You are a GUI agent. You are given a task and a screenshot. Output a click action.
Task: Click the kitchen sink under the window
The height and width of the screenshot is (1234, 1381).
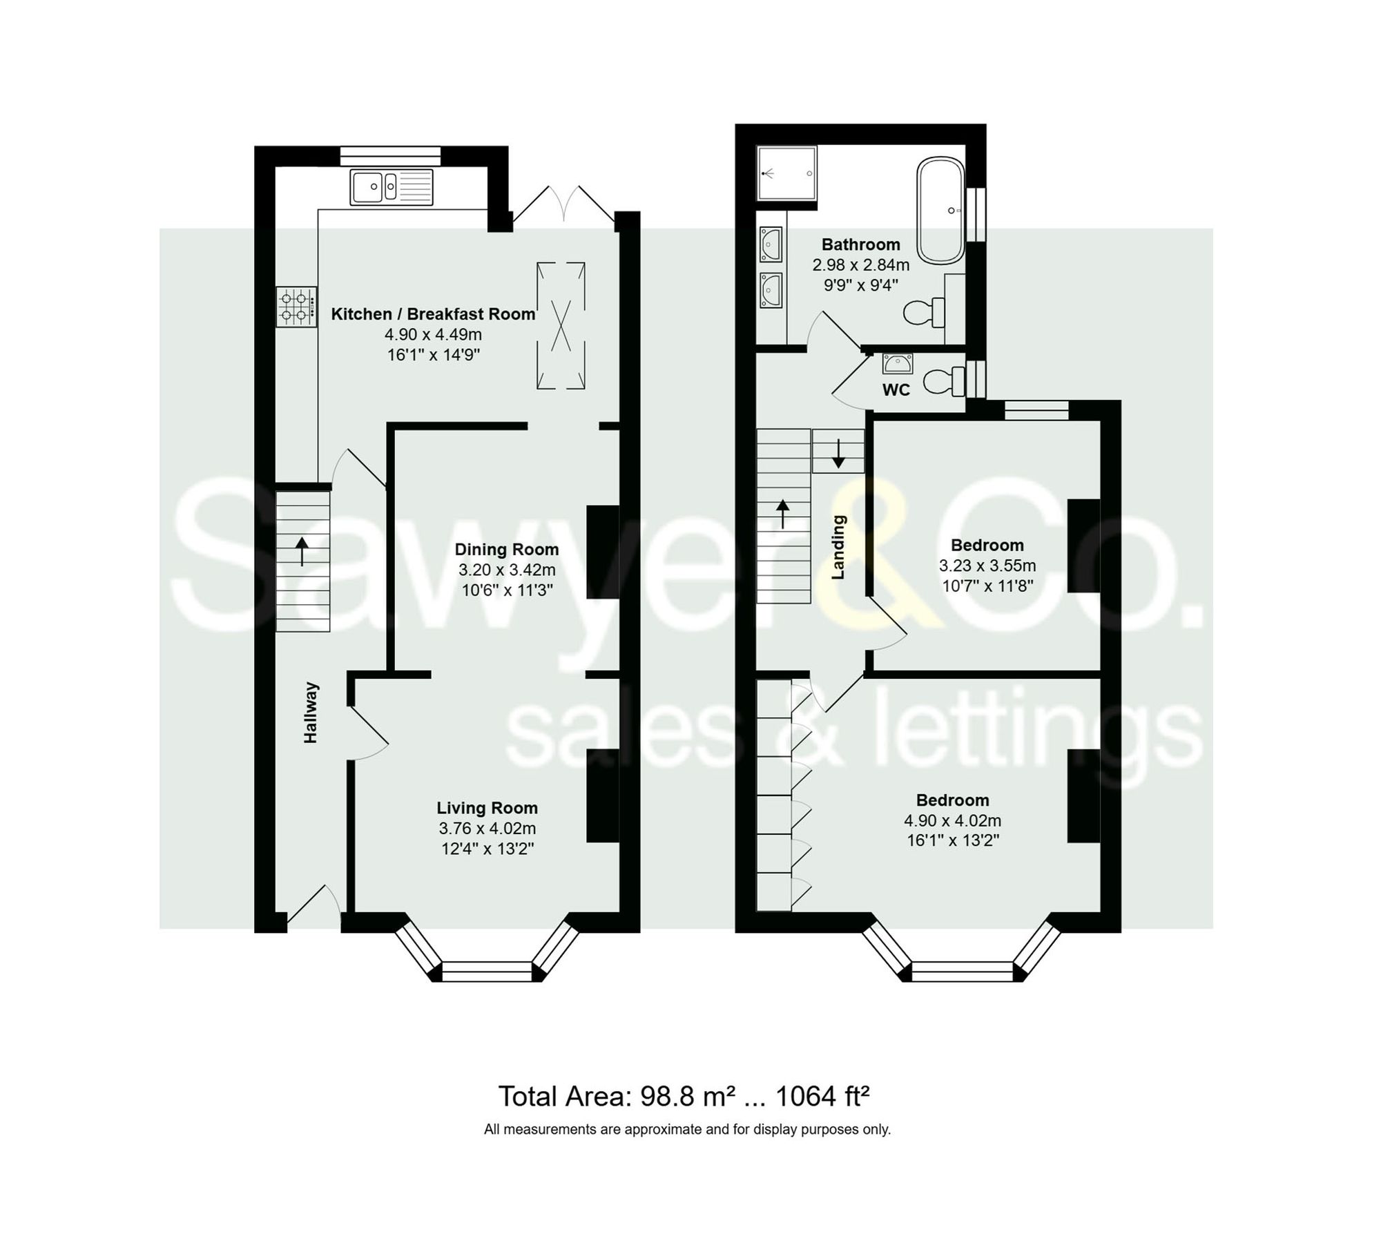coord(392,186)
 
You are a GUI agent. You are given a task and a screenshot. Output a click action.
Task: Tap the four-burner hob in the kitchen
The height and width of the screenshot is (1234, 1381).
coord(297,307)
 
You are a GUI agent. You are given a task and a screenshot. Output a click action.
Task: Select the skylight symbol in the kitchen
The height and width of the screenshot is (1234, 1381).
coord(561,325)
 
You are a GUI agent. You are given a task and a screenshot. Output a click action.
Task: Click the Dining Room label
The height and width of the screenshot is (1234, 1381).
coord(506,550)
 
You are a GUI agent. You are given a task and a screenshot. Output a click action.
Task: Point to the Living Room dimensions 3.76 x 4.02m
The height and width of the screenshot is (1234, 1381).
coord(487,828)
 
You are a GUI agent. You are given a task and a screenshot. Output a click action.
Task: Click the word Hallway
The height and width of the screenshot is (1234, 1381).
coord(311,713)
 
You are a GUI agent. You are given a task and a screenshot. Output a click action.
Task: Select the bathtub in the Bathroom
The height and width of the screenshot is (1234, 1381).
coord(940,210)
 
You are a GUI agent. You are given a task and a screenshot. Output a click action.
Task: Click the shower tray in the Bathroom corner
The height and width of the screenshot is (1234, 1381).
coord(786,172)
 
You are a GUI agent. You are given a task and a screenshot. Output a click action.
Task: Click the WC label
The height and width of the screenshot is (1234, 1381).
coord(896,390)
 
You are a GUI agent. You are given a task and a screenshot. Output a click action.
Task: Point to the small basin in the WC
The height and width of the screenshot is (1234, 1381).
coord(897,363)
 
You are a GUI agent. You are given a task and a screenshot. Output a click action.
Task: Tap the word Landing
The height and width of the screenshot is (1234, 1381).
coord(838,547)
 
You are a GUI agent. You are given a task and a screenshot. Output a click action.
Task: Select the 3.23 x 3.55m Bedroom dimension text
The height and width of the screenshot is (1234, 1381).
coord(987,566)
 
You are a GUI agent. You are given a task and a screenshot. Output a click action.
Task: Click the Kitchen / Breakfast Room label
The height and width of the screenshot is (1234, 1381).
coord(433,314)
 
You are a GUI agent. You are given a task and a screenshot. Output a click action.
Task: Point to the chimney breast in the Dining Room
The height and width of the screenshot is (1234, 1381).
coord(602,552)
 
